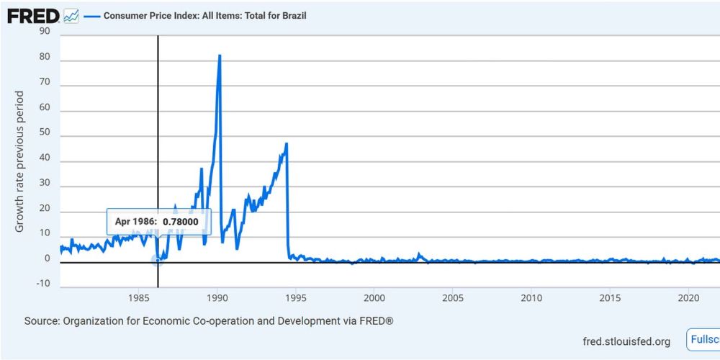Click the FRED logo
(x=33, y=14)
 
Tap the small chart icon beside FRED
(x=71, y=15)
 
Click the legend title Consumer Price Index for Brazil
(x=205, y=15)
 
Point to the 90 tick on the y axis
(x=45, y=31)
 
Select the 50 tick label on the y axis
(x=45, y=136)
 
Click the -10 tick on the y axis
(x=43, y=283)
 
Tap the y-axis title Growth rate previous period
(x=19, y=161)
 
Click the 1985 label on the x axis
(x=139, y=297)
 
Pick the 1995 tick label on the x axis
(x=296, y=297)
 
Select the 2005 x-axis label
(x=452, y=297)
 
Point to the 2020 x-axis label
(x=689, y=297)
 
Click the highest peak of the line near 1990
(x=220, y=56)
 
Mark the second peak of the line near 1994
(x=287, y=144)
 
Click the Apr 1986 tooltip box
(x=159, y=222)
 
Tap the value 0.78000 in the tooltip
(x=180, y=222)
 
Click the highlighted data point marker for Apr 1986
(x=157, y=260)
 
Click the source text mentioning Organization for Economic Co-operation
(x=209, y=320)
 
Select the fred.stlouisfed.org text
(x=626, y=341)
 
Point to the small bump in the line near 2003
(x=420, y=254)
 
